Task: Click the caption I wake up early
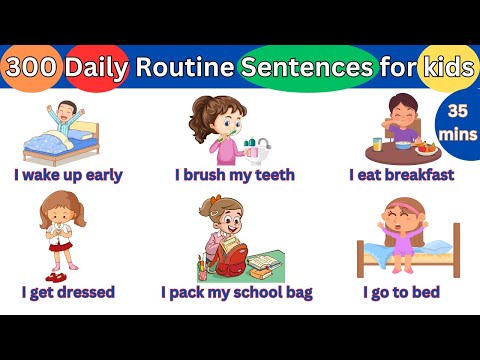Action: tap(68, 175)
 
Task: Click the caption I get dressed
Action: tap(68, 292)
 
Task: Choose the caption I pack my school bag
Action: tap(237, 292)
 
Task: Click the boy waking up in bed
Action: tap(66, 118)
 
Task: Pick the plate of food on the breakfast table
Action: tap(426, 149)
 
